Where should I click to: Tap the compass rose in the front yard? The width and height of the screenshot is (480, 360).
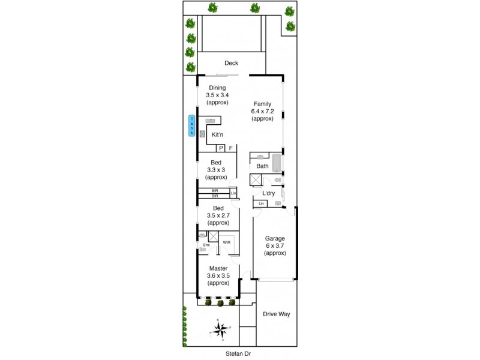pos(219,328)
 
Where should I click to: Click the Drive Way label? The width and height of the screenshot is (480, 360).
pos(276,314)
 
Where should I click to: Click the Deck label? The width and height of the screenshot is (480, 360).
pos(231,63)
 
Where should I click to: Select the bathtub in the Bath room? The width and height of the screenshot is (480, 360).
pos(277,163)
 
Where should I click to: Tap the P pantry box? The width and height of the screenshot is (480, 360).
pos(220,148)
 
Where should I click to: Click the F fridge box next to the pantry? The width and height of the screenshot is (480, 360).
pos(230,148)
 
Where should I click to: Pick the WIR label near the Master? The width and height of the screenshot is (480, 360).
pos(226,242)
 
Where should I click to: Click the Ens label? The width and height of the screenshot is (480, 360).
pos(206,245)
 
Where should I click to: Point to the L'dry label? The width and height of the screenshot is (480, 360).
pos(268,193)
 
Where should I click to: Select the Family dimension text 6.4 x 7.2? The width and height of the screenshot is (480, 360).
pos(263,111)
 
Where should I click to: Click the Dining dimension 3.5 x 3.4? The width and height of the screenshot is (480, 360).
pos(217,95)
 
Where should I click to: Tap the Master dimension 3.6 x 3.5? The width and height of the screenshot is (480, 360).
pos(218,276)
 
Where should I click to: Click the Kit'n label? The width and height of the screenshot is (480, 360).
pos(218,135)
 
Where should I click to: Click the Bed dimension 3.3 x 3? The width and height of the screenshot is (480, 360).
pos(217,170)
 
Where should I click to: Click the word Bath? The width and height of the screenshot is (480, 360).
pos(262,166)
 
